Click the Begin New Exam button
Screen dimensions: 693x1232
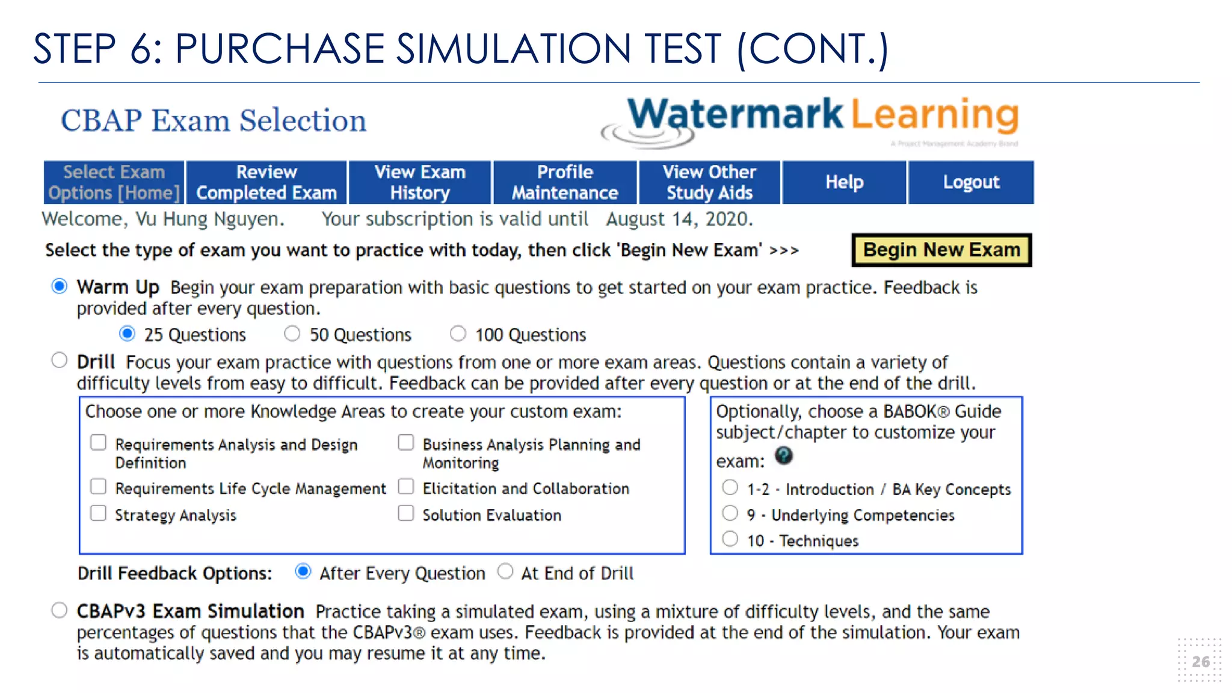click(941, 250)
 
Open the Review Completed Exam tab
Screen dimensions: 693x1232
click(266, 182)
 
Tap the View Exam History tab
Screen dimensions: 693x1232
click(420, 182)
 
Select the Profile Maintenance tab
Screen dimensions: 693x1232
click(565, 182)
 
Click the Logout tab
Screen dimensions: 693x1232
click(971, 182)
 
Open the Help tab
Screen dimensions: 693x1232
click(844, 182)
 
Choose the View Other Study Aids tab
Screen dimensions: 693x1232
click(709, 182)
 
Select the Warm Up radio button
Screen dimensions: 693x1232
click(60, 286)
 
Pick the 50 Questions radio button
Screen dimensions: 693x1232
click(292, 333)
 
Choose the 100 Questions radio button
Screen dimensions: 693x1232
click(458, 333)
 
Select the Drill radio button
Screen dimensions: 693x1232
click(60, 360)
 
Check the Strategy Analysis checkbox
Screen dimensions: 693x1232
click(98, 513)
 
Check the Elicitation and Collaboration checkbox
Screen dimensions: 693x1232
click(406, 486)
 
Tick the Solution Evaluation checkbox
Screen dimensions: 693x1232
click(406, 513)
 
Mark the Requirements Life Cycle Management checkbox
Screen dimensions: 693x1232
click(98, 486)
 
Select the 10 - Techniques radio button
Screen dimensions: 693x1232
click(730, 538)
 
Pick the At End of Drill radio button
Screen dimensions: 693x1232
click(505, 571)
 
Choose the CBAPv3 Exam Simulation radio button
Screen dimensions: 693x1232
click(60, 610)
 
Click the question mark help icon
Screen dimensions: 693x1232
click(783, 455)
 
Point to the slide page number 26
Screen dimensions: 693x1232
click(1200, 662)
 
